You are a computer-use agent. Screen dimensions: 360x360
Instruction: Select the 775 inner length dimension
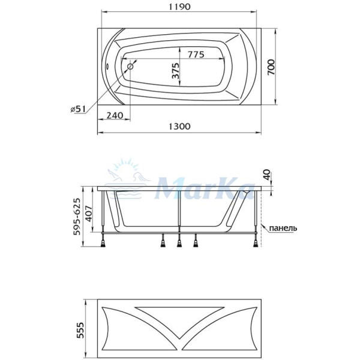[193, 54]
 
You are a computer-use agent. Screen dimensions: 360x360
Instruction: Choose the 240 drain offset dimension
[115, 115]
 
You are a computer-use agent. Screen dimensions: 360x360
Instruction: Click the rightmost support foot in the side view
[258, 241]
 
